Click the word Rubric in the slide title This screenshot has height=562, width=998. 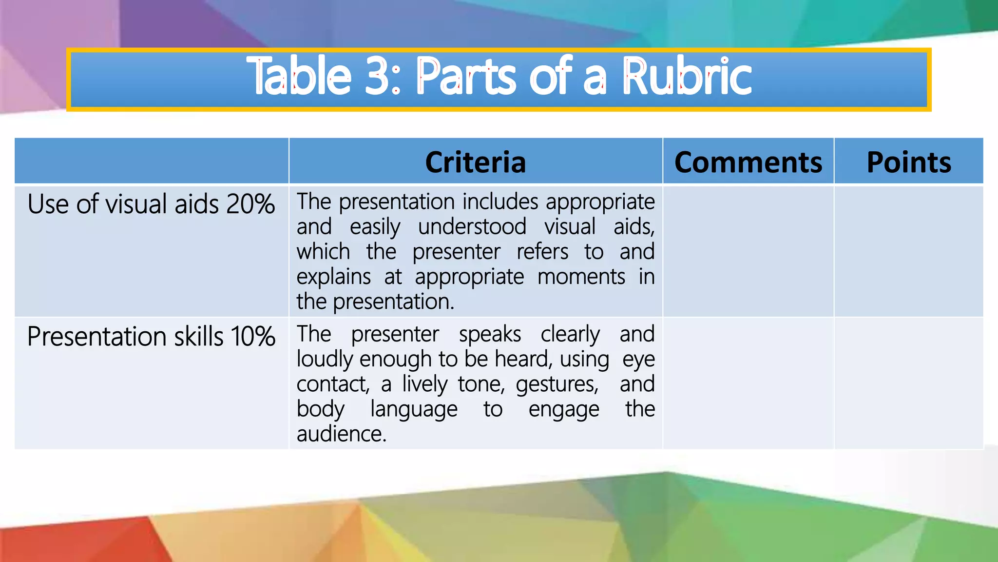tap(687, 77)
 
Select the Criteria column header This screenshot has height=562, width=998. tap(475, 162)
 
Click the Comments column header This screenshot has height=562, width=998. tap(748, 162)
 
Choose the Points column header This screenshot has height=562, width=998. tap(908, 162)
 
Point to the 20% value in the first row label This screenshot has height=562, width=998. tap(250, 204)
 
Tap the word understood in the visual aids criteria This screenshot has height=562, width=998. tap(472, 227)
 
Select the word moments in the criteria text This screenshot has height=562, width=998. tap(581, 277)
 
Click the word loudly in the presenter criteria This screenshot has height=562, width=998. tap(325, 360)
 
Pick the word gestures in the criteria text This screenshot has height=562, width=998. tap(557, 385)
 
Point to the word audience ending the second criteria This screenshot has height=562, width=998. tap(341, 434)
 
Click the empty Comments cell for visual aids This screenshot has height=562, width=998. tap(748, 251)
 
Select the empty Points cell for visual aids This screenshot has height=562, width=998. tap(908, 251)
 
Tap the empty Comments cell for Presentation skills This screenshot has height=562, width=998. tap(748, 383)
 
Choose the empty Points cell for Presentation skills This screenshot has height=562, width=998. tap(908, 383)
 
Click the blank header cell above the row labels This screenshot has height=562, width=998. tap(152, 161)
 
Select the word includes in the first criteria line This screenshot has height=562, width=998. tap(500, 202)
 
